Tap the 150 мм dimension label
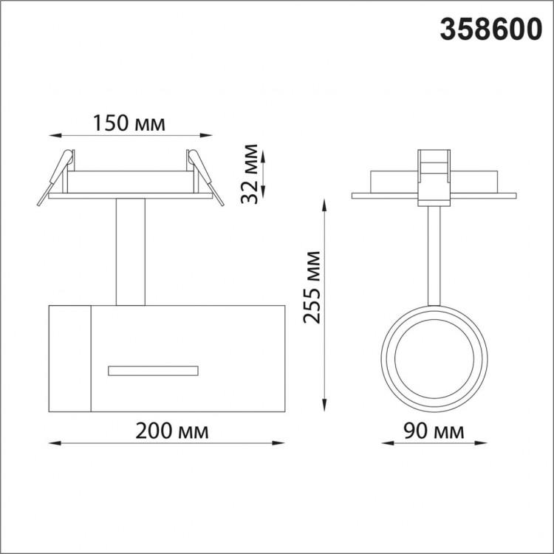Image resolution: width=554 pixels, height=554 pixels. pyautogui.click(x=129, y=122)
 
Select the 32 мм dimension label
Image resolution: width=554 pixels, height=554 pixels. pyautogui.click(x=253, y=174)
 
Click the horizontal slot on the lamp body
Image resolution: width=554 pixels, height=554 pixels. pyautogui.click(x=153, y=369)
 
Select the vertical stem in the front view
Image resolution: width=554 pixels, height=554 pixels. pyautogui.click(x=129, y=251)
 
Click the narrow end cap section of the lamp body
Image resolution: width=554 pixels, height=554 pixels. pyautogui.click(x=69, y=358)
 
